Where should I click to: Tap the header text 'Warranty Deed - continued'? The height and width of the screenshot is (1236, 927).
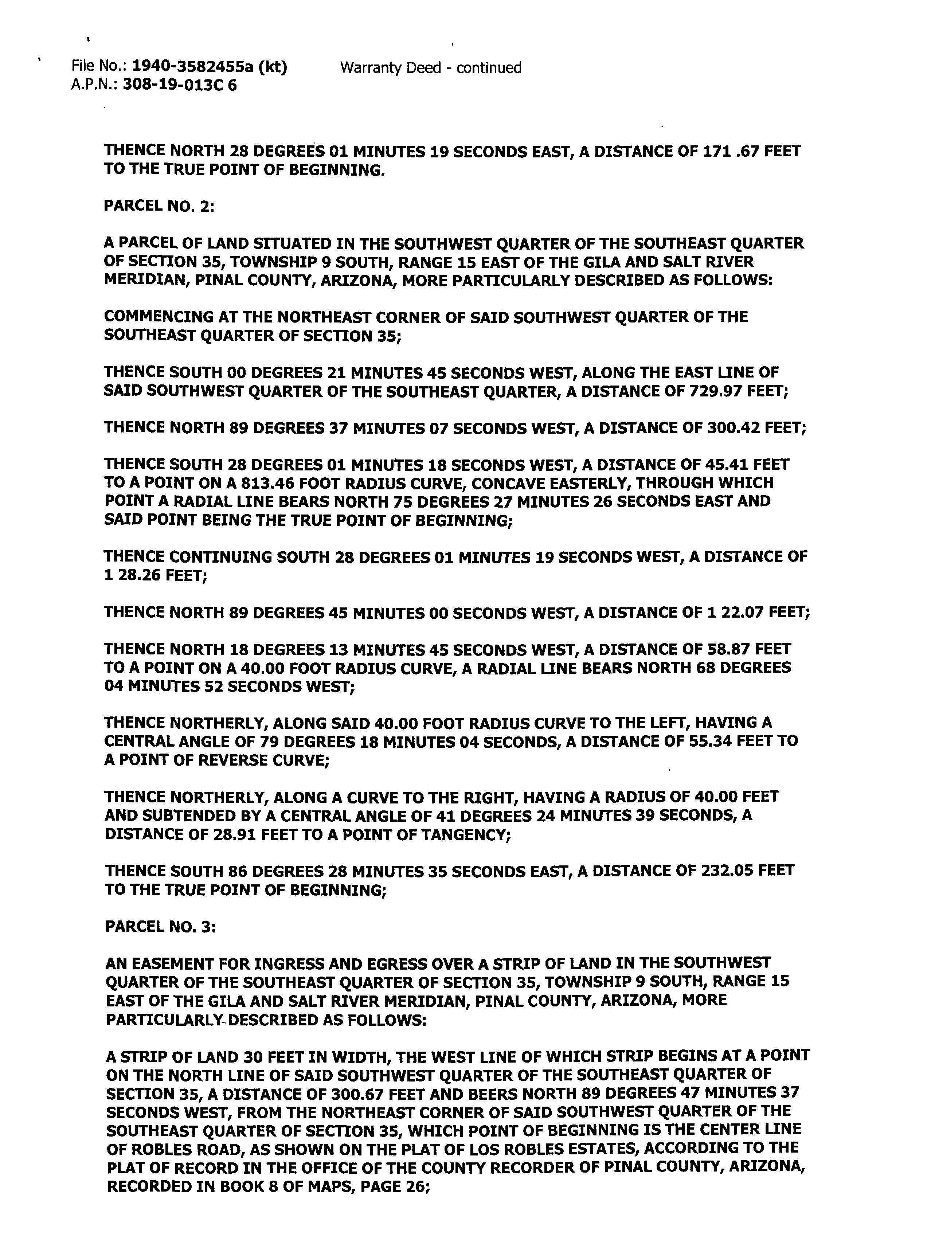coord(430,68)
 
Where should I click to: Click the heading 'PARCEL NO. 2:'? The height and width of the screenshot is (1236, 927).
coord(159,206)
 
